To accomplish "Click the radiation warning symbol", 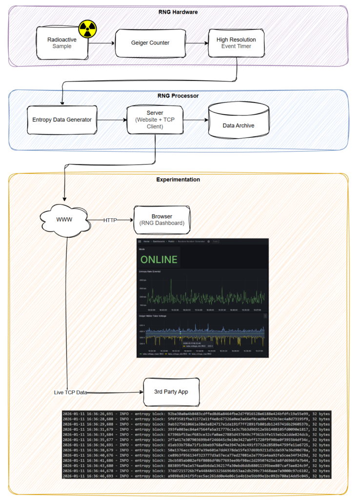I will [x=88, y=29].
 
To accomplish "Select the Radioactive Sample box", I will [x=62, y=43].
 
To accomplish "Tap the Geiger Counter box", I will [x=150, y=43].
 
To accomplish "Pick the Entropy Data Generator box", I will [x=61, y=120].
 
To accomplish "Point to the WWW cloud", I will [x=64, y=220].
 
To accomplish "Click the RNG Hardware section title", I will [x=178, y=12].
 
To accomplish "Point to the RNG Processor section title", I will [x=178, y=96].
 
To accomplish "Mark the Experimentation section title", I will [x=178, y=180].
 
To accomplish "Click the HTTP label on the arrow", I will [x=111, y=221].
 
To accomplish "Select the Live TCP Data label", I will [x=73, y=392].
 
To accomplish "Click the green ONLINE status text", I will [x=159, y=259].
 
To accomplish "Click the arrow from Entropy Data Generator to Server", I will [x=111, y=120].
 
